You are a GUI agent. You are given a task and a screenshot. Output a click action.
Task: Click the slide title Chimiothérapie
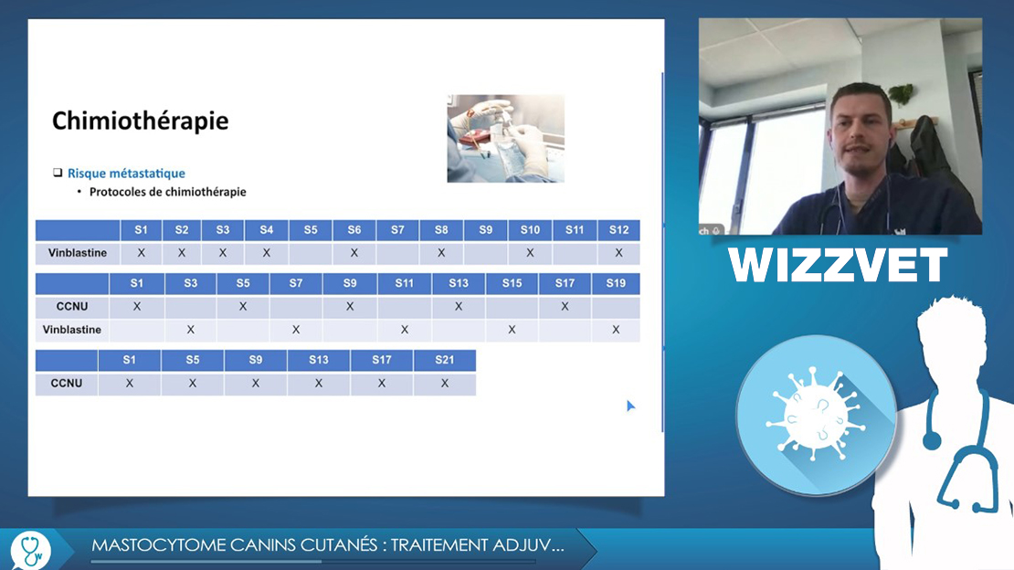(141, 121)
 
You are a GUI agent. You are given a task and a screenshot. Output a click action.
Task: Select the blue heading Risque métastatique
(126, 173)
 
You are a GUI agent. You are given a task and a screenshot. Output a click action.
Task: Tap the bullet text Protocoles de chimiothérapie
(167, 192)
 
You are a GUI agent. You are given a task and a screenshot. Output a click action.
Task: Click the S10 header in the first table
(530, 229)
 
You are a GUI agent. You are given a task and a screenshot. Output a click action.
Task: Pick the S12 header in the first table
(618, 229)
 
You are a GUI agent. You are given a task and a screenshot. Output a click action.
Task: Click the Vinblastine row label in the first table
(77, 253)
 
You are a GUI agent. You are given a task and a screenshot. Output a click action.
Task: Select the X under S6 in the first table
(354, 253)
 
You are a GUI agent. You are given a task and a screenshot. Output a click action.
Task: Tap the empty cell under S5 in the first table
(311, 253)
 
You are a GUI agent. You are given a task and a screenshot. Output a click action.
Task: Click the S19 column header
(616, 283)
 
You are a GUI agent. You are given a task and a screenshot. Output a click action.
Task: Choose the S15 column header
(512, 283)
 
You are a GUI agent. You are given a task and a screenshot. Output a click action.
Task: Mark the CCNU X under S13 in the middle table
(459, 306)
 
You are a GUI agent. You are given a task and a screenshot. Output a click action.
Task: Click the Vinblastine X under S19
(616, 330)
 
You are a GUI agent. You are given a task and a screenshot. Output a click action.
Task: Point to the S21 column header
(444, 360)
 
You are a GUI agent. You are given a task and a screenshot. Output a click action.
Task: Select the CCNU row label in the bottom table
(67, 383)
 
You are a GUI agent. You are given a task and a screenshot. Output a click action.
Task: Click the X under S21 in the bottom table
(444, 383)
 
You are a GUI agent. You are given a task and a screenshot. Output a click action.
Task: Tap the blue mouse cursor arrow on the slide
(630, 406)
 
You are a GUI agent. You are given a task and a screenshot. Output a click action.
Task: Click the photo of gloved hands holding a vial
(506, 139)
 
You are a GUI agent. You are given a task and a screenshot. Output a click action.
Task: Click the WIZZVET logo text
(838, 265)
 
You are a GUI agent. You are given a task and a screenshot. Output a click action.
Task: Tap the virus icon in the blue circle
(816, 414)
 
